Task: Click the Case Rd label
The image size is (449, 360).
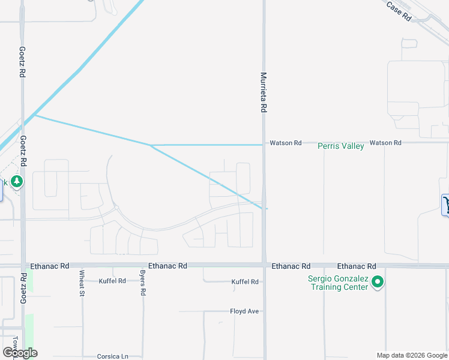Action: pos(399,11)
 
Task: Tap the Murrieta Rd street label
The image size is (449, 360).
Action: pos(263,93)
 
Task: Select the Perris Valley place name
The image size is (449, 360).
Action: pos(340,146)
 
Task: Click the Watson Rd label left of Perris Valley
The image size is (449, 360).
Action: pos(285,143)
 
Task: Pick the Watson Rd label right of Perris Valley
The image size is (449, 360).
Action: pos(385,143)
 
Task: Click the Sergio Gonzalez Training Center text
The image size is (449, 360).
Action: pos(337,283)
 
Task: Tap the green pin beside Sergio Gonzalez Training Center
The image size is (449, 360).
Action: pos(378,281)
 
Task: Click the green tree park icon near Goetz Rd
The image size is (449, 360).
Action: pos(17,181)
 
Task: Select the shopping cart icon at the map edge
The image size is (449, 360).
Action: pos(446,205)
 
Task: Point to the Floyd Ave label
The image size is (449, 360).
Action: pos(244,311)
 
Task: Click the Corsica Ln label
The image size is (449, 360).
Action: pos(113,356)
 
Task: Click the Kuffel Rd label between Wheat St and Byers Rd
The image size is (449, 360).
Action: pos(112,281)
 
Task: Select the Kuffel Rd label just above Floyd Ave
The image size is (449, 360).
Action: pos(245,281)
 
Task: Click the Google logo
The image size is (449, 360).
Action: pos(20,353)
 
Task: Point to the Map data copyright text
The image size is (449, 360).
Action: pos(411,356)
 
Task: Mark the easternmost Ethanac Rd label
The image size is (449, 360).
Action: pos(356,266)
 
